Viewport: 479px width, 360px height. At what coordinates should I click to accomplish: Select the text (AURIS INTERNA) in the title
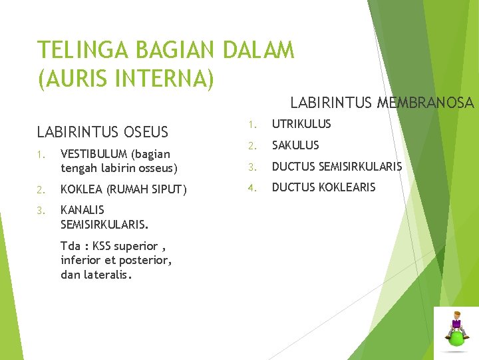126,79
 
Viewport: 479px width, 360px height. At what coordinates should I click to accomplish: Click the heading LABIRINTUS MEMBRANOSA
382,103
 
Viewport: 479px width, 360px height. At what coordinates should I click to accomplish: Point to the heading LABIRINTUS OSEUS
102,132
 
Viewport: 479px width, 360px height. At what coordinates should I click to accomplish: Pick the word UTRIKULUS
301,124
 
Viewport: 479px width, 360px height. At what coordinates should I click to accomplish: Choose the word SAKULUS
295,145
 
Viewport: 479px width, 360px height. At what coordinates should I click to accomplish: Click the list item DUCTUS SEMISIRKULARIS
337,167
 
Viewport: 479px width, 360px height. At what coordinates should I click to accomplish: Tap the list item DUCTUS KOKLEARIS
323,187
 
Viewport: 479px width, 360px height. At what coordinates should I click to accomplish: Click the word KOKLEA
78,189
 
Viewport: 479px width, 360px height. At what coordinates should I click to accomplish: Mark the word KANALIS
82,210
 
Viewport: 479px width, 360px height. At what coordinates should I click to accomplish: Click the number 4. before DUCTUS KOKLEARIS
252,187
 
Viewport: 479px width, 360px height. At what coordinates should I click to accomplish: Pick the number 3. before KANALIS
41,211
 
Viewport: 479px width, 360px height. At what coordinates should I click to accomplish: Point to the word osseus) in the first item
156,167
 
